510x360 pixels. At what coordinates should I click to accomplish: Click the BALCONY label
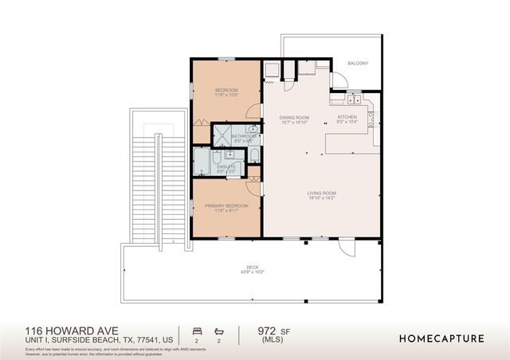358,63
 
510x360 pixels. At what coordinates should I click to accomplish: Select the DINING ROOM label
294,117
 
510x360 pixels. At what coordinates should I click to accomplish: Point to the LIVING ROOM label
323,193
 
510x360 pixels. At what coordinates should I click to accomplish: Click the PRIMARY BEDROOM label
226,205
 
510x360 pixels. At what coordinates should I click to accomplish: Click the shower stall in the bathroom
227,133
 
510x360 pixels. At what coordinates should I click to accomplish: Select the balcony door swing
339,80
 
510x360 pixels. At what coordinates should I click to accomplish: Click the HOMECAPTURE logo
441,338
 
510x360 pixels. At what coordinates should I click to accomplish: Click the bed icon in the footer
197,330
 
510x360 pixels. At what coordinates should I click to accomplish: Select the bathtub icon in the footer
221,330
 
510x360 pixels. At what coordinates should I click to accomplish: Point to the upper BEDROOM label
226,90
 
